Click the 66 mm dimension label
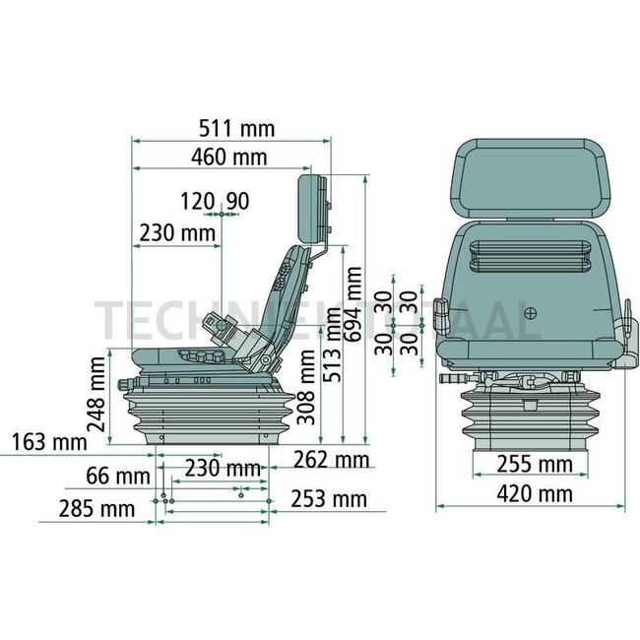pos(111,477)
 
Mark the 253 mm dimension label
pos(327,501)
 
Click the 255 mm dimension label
pos(522,464)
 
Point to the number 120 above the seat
pos(197,202)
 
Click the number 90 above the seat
pos(236,202)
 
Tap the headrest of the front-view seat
pos(531,180)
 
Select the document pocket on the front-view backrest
pos(531,257)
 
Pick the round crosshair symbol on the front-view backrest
pos(532,315)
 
